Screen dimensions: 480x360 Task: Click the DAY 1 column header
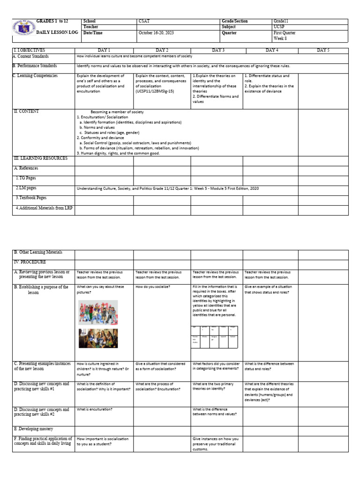(104, 50)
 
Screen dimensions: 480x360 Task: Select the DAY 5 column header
(323, 50)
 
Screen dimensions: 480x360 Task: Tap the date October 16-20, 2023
(157, 33)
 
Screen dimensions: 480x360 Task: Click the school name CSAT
(144, 22)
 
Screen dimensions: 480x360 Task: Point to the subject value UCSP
(279, 27)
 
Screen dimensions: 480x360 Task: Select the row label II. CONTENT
(27, 112)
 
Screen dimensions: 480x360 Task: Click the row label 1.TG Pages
(26, 178)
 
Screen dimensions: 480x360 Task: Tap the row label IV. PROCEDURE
(30, 262)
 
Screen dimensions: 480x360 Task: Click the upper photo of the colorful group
(97, 312)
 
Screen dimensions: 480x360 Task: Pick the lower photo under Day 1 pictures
(97, 338)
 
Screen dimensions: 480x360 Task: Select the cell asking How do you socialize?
(153, 286)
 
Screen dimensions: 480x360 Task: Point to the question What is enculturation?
(95, 409)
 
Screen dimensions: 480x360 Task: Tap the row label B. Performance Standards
(35, 66)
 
